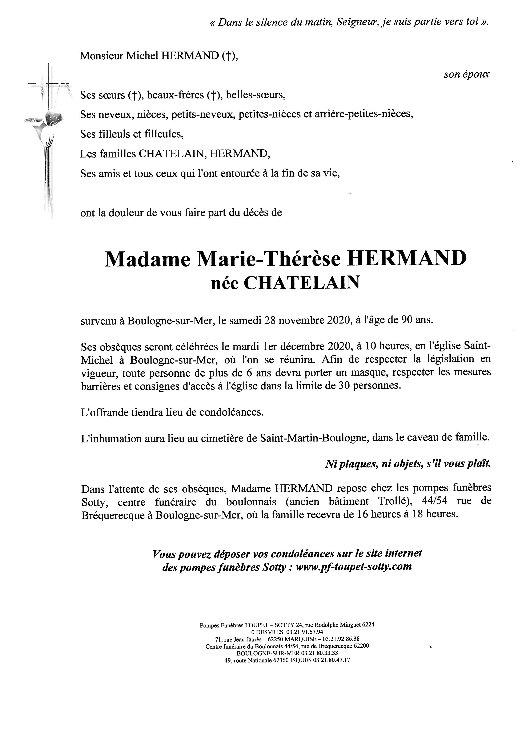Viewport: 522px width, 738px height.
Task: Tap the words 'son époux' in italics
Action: click(x=467, y=74)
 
